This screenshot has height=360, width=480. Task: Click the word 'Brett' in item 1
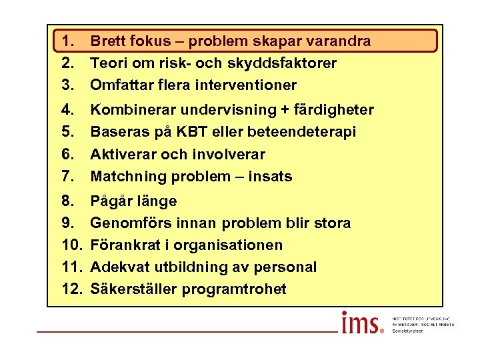107,41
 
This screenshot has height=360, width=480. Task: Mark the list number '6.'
69,155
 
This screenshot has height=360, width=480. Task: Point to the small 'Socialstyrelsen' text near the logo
407,331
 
